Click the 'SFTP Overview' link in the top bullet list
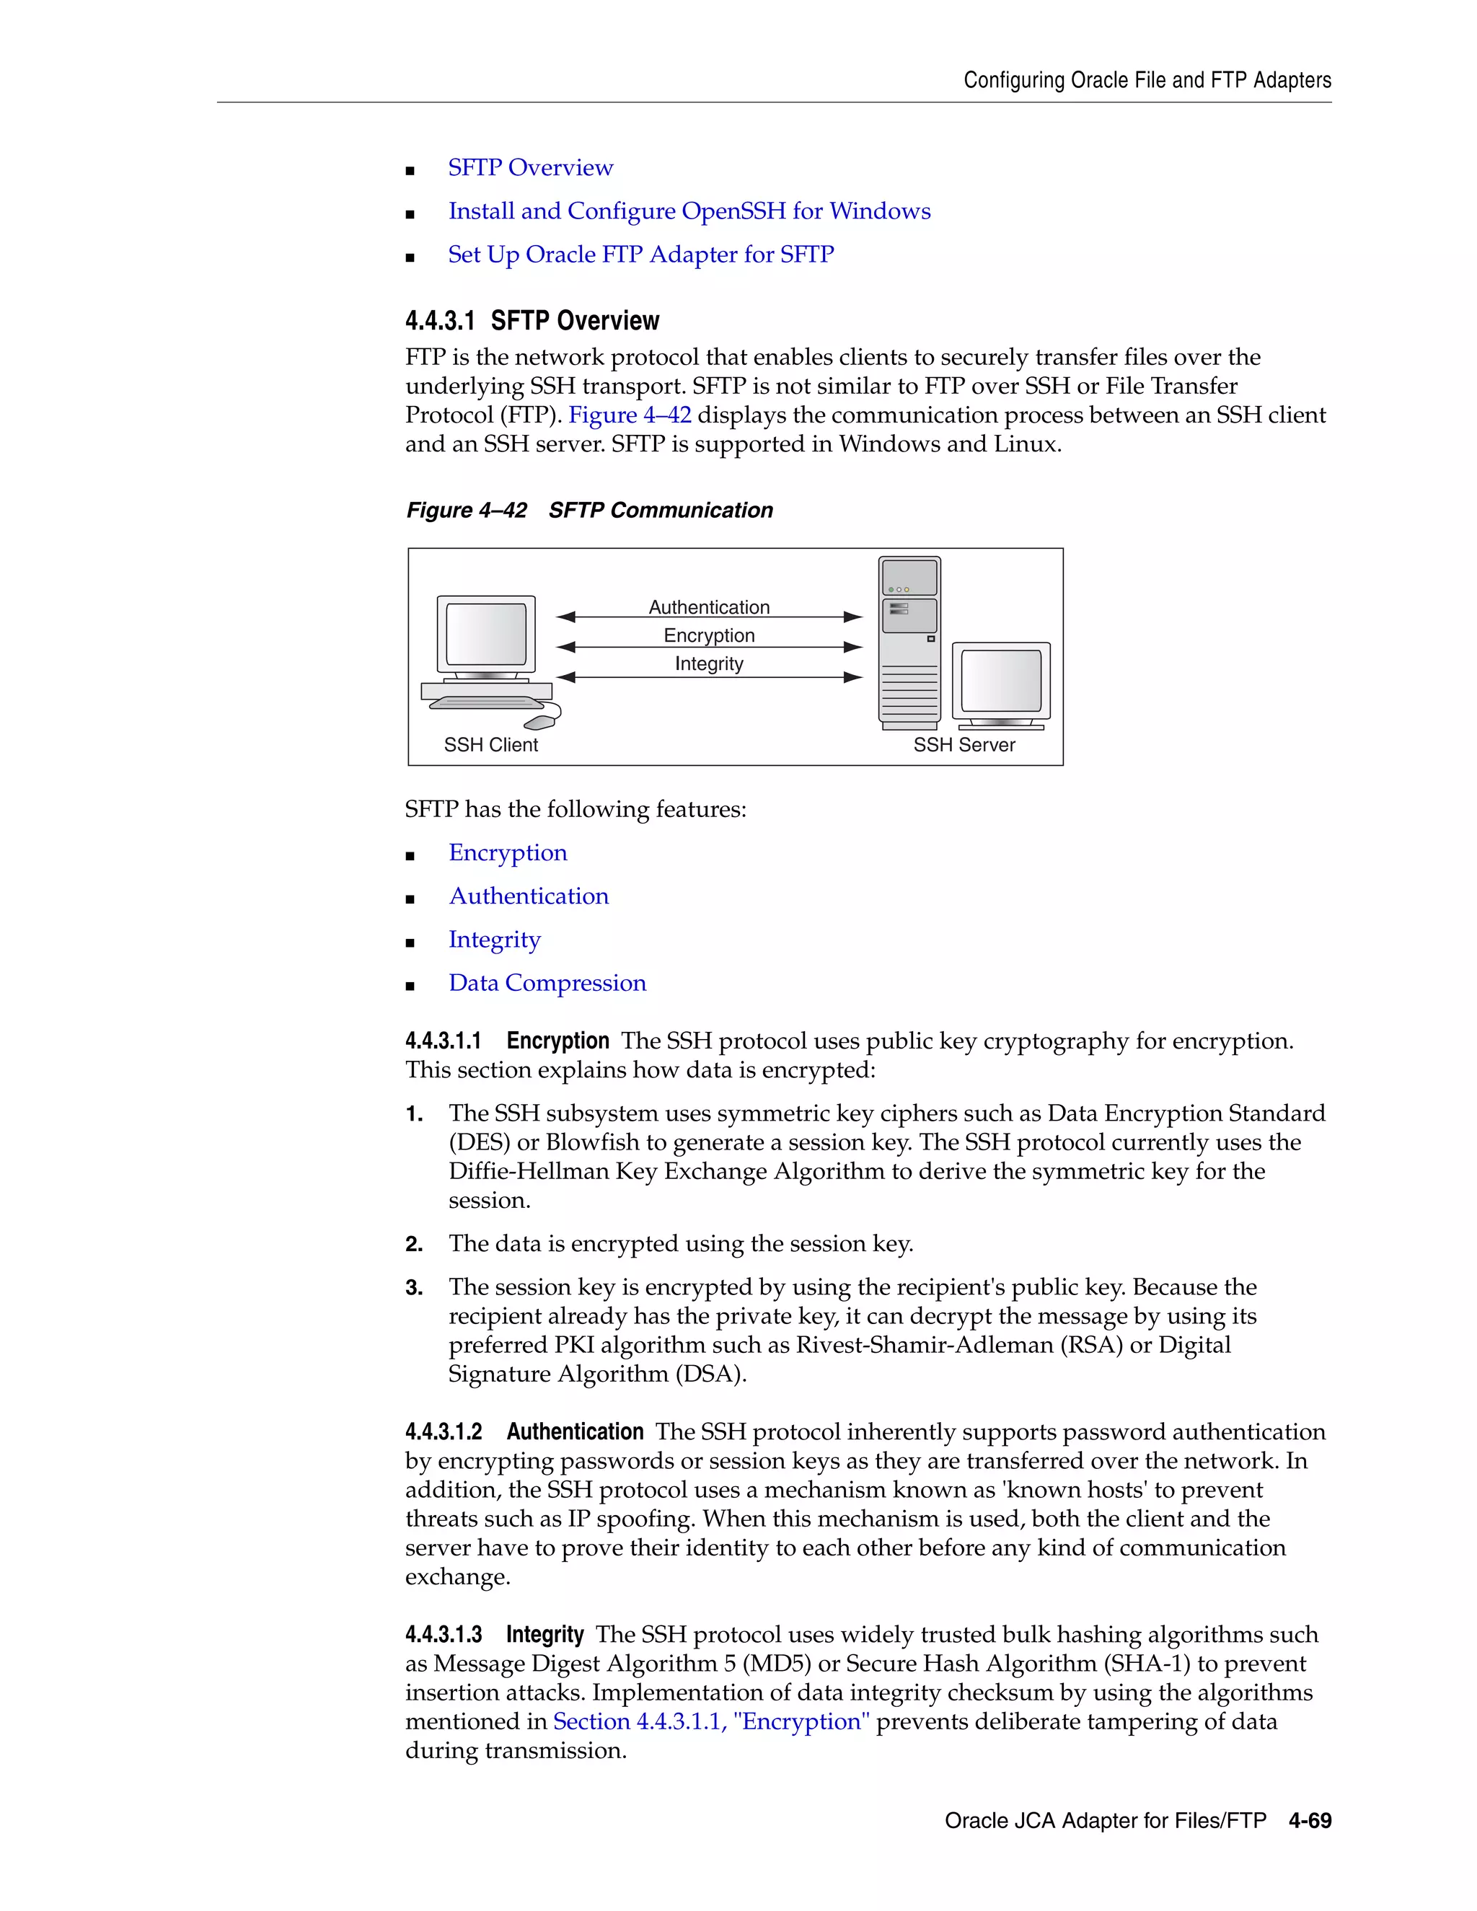530,167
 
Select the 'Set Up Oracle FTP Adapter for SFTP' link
640,255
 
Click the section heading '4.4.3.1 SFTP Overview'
532,321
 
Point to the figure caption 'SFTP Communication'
661,510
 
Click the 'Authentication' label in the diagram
709,606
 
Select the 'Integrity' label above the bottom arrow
709,663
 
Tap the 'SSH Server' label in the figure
964,745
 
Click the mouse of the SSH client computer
540,722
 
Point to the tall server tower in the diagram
909,643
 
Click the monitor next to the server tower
1001,684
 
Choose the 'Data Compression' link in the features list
547,983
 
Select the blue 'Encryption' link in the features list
508,852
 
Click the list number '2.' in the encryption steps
414,1244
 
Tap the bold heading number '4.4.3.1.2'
444,1431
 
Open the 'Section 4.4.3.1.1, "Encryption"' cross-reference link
710,1721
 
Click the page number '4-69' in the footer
1309,1821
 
